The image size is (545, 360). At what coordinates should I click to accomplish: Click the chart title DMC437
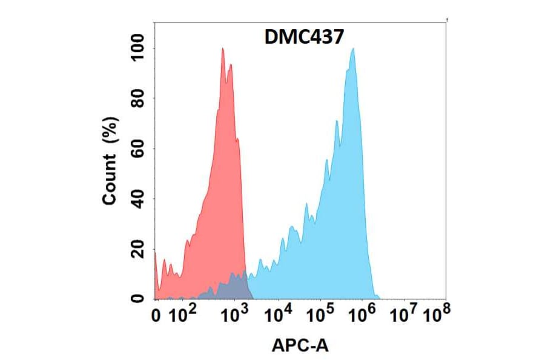tap(305, 38)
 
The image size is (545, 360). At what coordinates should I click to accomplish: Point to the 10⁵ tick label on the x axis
tap(322, 314)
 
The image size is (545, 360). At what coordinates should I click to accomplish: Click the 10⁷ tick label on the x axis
tap(404, 314)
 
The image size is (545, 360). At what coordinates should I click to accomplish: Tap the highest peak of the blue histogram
tap(352, 50)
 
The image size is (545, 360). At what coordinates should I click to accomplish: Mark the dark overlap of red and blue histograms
tap(233, 286)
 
